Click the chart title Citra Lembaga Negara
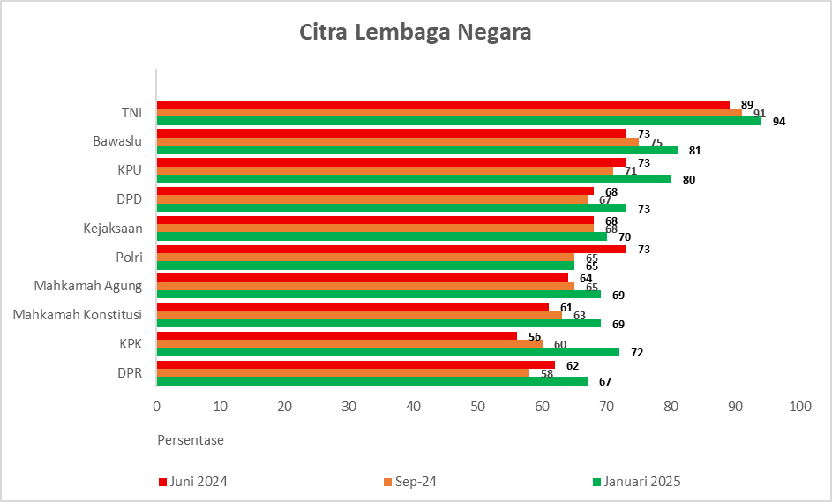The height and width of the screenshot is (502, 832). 416,34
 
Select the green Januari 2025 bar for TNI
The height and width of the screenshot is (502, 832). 459,121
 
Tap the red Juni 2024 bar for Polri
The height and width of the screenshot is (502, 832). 392,250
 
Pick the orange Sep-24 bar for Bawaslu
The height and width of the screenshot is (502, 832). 397,141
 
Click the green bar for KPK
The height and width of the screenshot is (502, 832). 388,352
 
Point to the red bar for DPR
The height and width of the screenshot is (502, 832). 356,364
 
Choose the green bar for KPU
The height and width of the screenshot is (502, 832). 414,179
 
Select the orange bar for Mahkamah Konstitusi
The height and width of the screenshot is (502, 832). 359,315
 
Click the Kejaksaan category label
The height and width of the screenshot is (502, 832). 113,229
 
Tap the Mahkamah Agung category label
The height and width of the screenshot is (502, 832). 88,286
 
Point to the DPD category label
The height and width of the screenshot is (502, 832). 129,199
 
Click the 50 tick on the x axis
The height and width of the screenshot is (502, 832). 477,407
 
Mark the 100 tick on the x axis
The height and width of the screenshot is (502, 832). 799,407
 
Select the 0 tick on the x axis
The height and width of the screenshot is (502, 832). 157,407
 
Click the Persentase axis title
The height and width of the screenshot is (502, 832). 191,439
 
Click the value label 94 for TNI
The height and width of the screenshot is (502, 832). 778,121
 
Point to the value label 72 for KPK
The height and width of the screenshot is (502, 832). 636,353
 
